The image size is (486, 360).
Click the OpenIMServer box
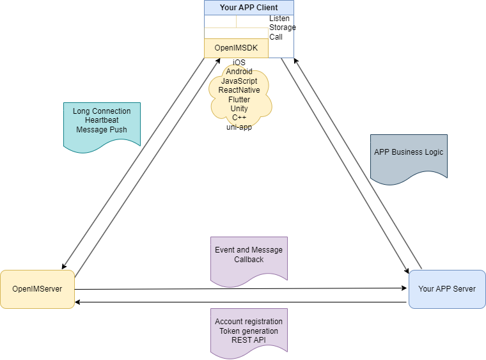pyautogui.click(x=37, y=289)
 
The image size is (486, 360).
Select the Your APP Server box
pyautogui.click(x=447, y=289)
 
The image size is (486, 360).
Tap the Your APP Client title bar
pyautogui.click(x=249, y=8)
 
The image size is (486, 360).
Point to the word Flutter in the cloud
pyautogui.click(x=239, y=100)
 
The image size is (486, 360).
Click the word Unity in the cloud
pyautogui.click(x=239, y=109)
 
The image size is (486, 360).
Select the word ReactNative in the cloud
pyautogui.click(x=239, y=90)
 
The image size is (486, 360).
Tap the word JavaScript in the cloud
pyautogui.click(x=239, y=81)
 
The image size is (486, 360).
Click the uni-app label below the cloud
pyautogui.click(x=239, y=127)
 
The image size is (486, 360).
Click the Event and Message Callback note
pyautogui.click(x=249, y=255)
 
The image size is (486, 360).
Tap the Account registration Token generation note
pyautogui.click(x=249, y=331)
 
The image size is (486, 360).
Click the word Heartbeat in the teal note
pyautogui.click(x=102, y=120)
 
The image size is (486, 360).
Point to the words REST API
pyautogui.click(x=249, y=340)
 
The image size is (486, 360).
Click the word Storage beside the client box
pyautogui.click(x=282, y=27)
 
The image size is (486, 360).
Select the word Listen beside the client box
pyautogui.click(x=279, y=19)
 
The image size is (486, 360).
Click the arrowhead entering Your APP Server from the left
pyautogui.click(x=404, y=288)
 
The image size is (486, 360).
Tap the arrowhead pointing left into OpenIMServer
pyautogui.click(x=79, y=302)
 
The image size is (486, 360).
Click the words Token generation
pyautogui.click(x=249, y=331)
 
